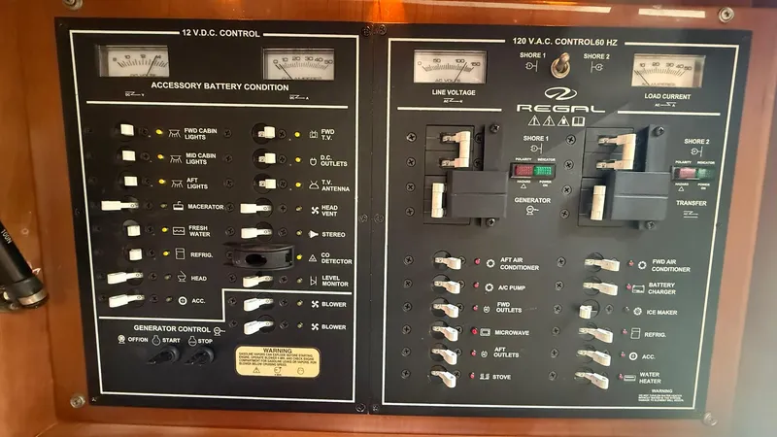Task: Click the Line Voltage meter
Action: click(x=450, y=68)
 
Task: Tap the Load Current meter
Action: click(x=667, y=70)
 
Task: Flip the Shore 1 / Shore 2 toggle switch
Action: click(x=559, y=65)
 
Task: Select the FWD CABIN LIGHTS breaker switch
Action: click(x=127, y=131)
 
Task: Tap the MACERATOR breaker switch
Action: click(x=117, y=205)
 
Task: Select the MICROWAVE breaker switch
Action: click(x=446, y=332)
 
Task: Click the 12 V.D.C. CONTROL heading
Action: click(x=220, y=33)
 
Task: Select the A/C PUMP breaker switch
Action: click(x=446, y=286)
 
